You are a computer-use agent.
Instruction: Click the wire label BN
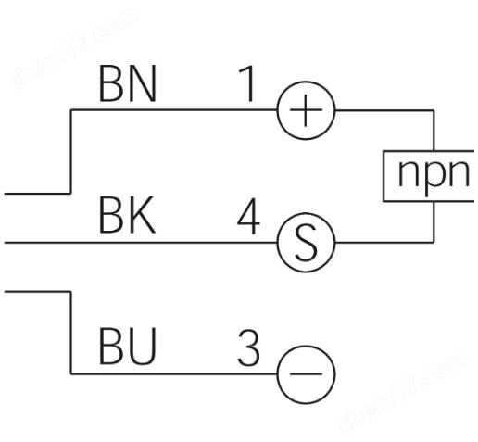pyautogui.click(x=128, y=83)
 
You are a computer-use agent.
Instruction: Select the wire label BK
pyautogui.click(x=127, y=215)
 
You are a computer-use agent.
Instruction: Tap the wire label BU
pyautogui.click(x=127, y=347)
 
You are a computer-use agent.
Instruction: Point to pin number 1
pyautogui.click(x=247, y=83)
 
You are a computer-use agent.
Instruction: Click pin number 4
pyautogui.click(x=248, y=216)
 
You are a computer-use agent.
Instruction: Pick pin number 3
pyautogui.click(x=248, y=347)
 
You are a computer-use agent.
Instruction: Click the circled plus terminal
pyautogui.click(x=306, y=110)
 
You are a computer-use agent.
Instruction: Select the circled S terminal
pyautogui.click(x=306, y=243)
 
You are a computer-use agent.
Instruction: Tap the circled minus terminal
pyautogui.click(x=306, y=374)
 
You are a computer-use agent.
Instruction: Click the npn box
pyautogui.click(x=429, y=176)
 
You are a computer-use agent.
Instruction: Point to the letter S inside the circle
pyautogui.click(x=306, y=243)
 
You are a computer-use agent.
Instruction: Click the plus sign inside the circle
pyautogui.click(x=306, y=110)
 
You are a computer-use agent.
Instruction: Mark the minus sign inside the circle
pyautogui.click(x=306, y=374)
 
